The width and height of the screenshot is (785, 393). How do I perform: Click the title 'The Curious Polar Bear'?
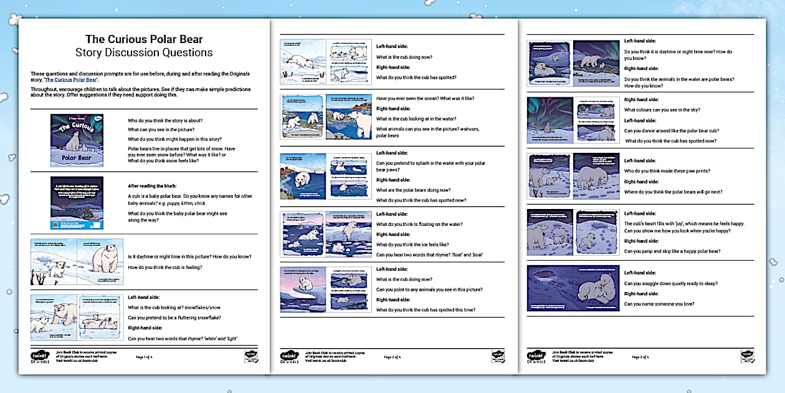coord(143,39)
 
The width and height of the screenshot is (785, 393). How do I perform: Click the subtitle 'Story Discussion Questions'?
coord(143,52)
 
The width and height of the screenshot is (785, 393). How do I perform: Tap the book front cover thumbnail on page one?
coord(77,140)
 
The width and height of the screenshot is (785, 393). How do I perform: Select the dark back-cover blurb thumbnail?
coord(77,203)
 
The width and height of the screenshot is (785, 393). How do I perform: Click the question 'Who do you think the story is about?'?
coord(165,120)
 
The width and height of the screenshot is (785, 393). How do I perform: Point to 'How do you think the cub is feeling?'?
coord(164,267)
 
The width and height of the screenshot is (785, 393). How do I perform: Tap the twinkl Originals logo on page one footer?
coord(39,357)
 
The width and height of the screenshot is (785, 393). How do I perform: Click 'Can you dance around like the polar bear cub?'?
coord(672,130)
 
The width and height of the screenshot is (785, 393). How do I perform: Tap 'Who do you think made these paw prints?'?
coord(667,171)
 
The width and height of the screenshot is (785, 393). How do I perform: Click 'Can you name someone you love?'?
coord(659,304)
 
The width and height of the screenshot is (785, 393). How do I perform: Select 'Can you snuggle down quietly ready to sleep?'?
coord(672,283)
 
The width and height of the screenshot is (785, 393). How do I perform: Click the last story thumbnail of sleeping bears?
coord(573,288)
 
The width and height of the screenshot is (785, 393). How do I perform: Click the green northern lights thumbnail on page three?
coord(549,120)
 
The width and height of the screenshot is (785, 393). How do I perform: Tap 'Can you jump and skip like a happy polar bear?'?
coord(672,251)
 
